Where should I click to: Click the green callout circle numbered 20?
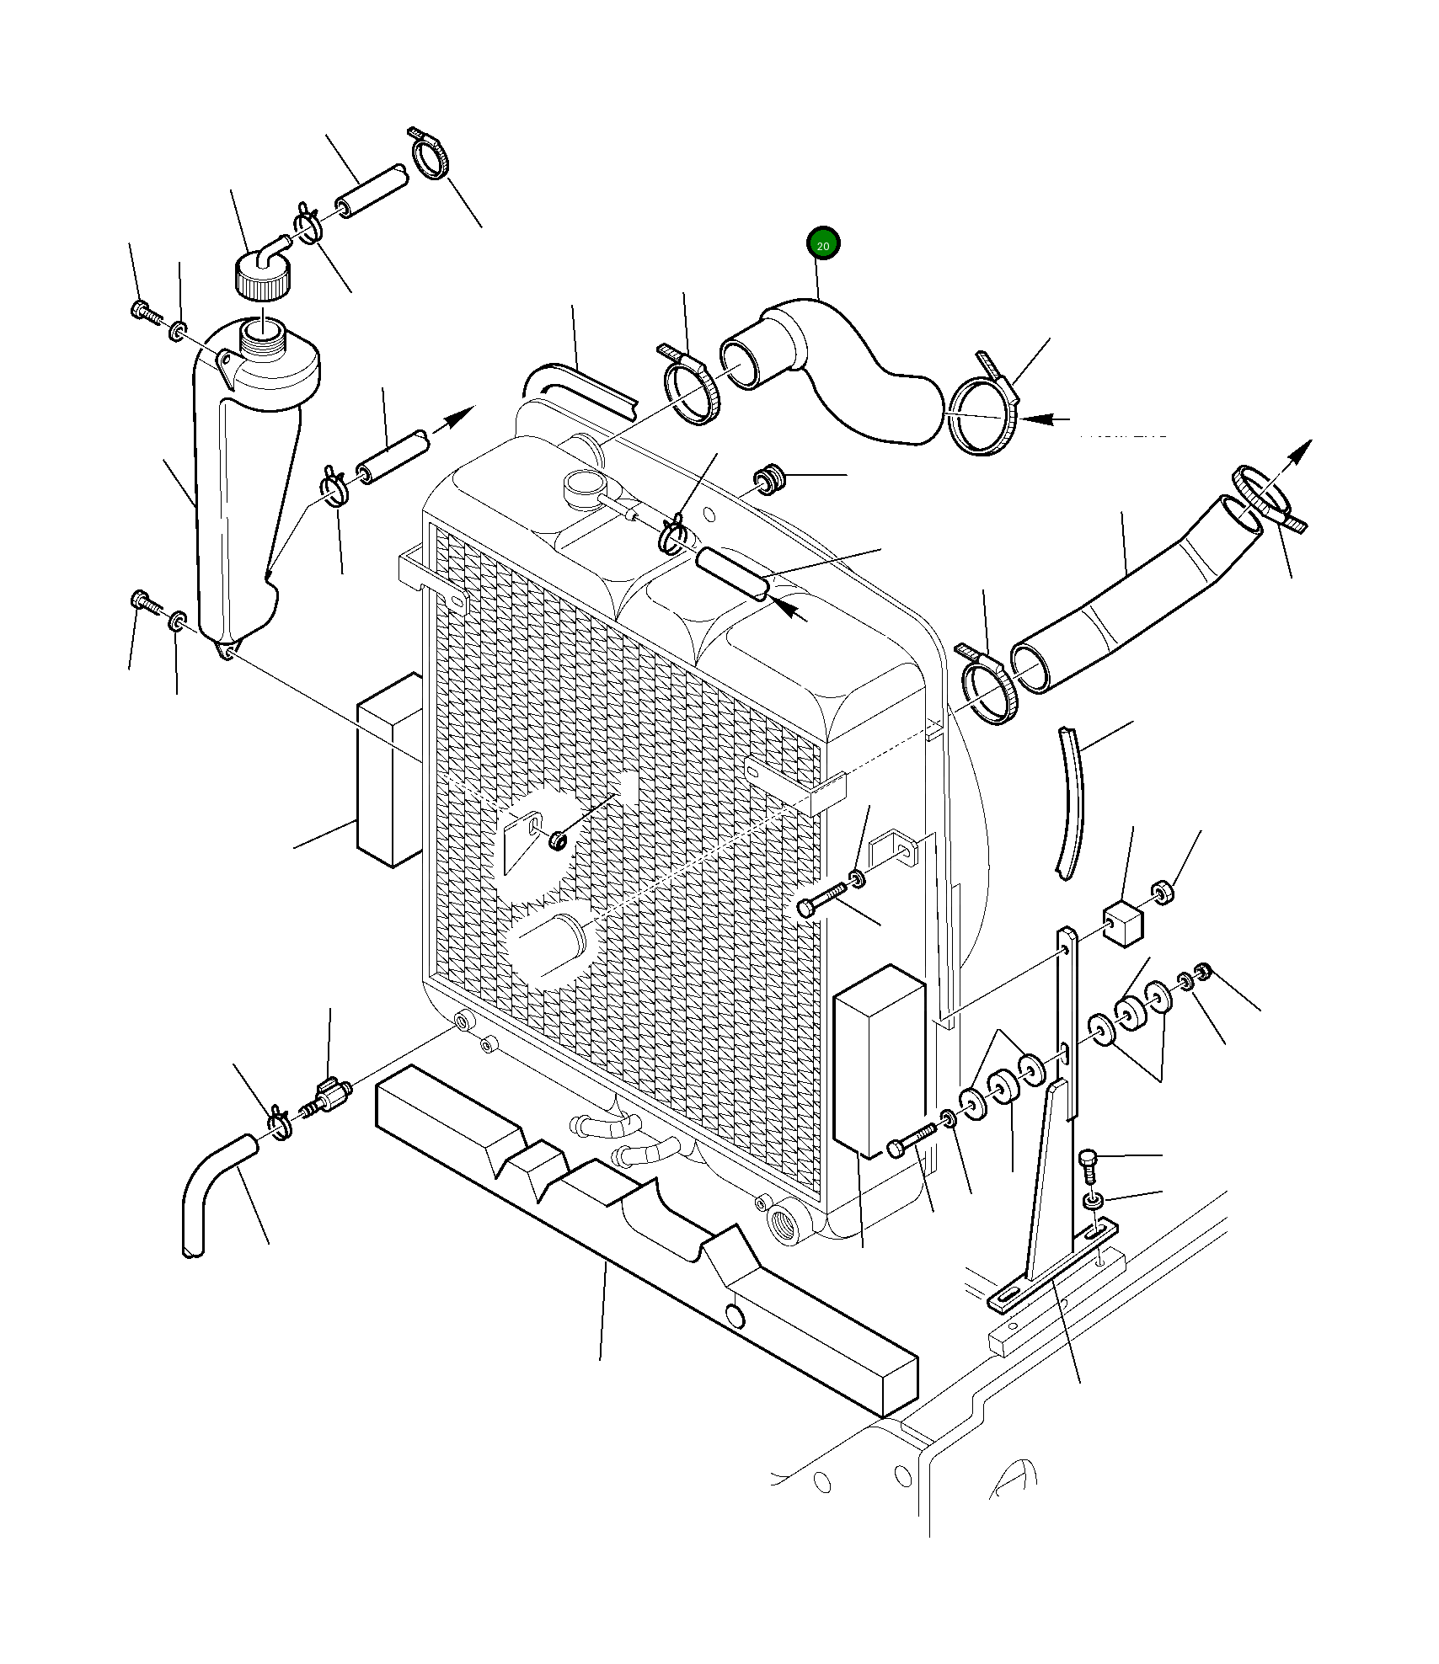823,245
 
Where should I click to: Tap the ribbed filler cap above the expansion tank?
260,280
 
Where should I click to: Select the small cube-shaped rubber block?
1123,923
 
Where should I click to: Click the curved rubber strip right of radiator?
1073,800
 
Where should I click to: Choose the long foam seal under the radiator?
640,1229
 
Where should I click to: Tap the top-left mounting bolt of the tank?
144,312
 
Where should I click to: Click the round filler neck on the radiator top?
583,488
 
